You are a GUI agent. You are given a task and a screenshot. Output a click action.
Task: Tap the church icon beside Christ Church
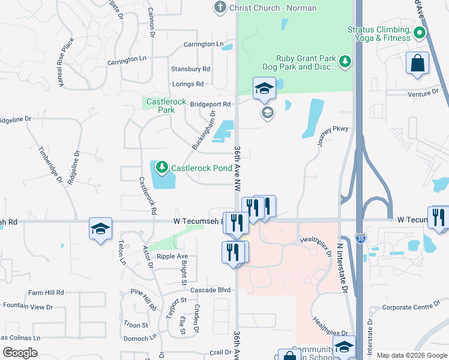click(220, 7)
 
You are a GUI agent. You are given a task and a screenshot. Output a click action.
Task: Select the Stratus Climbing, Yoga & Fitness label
click(379, 34)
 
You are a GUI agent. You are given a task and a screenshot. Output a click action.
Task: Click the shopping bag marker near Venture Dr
click(417, 63)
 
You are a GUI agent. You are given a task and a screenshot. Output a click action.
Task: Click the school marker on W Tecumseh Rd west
click(100, 229)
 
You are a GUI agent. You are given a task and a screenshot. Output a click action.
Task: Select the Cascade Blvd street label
click(210, 290)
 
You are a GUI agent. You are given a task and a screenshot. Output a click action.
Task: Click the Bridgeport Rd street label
click(210, 104)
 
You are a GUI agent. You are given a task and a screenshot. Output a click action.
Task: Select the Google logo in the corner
click(20, 353)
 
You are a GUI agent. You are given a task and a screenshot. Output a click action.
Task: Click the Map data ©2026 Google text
click(412, 355)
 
